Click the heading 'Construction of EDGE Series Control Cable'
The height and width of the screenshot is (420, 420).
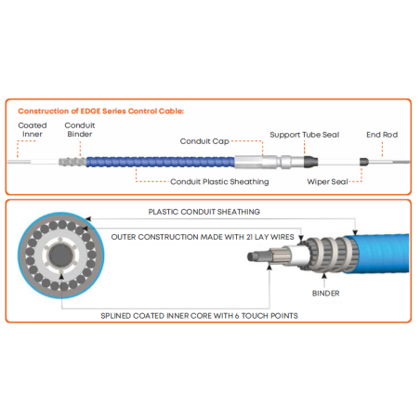point(100,111)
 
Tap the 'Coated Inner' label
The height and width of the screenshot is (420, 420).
point(33,130)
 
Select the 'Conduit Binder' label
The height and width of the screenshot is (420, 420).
point(80,130)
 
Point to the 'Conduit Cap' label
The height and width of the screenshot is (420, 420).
point(204,141)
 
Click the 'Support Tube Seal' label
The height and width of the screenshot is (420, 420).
point(305,135)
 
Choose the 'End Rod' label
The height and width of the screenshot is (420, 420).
point(382,135)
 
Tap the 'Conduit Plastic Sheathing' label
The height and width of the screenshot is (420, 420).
point(219,181)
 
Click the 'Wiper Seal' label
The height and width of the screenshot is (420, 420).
point(327,181)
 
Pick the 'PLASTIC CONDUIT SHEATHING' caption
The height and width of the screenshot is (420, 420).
point(204,212)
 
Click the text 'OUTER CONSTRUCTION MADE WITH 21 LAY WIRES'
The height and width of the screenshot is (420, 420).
point(203,237)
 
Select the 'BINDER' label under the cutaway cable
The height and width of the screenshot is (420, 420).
point(326,294)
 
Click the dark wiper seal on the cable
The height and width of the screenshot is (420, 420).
point(364,162)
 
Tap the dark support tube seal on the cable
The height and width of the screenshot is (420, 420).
point(310,162)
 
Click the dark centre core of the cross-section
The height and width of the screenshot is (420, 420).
point(61,256)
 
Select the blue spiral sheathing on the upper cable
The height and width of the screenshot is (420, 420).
point(161,162)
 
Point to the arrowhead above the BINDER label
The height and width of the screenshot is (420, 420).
point(324,275)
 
